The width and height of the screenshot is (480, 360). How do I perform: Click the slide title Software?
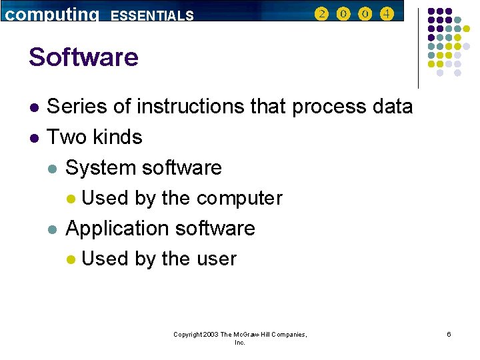[x=83, y=57]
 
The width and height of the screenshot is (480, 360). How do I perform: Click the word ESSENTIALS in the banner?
[x=152, y=15]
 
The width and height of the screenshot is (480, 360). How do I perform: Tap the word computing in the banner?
[x=52, y=15]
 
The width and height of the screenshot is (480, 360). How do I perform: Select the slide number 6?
[x=449, y=334]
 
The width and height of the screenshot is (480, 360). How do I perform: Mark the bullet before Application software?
[x=53, y=229]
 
